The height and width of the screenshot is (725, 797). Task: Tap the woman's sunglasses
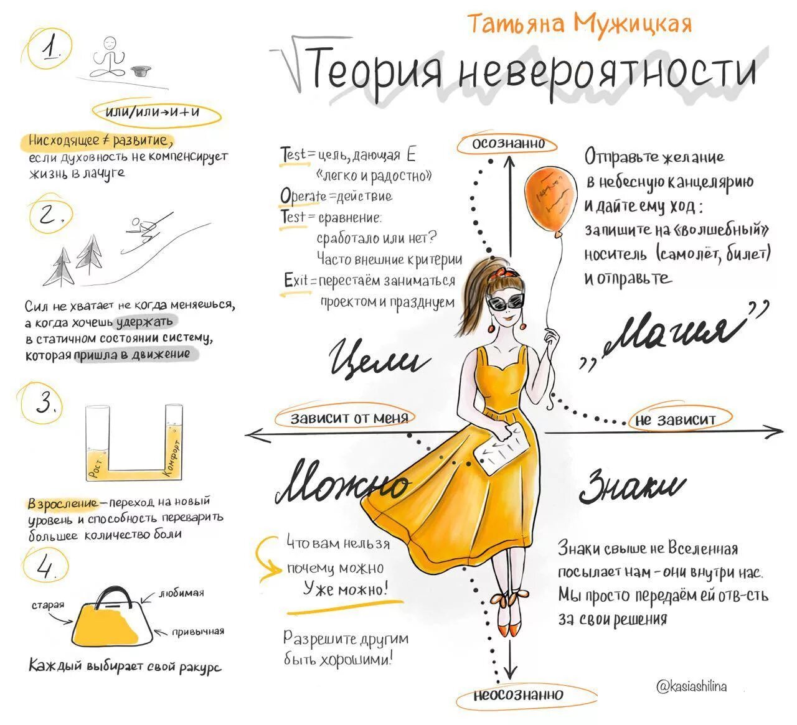pos(506,303)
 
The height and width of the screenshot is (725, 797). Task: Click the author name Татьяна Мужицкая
pos(579,24)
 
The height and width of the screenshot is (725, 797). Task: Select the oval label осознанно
pos(508,144)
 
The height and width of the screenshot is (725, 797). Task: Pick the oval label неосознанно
pos(518,695)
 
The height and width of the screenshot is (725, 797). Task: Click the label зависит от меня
pos(349,418)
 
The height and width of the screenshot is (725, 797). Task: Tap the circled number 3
pos(45,404)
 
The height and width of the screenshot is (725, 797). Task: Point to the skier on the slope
pos(143,228)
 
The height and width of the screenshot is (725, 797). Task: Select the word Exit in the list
pos(296,281)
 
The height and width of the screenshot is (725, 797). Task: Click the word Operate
pos(303,196)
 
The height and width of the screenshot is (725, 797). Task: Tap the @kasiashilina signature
pos(691,686)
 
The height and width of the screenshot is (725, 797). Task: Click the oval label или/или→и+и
pos(156,113)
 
